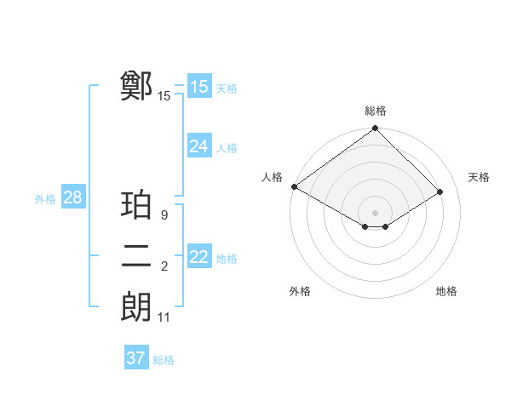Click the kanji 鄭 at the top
(x=136, y=86)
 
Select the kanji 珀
(x=136, y=205)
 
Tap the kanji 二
(x=136, y=257)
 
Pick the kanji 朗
(x=136, y=307)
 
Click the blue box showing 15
(x=198, y=87)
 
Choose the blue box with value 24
(x=198, y=146)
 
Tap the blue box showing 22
(x=198, y=257)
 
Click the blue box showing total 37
(x=135, y=358)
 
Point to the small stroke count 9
(x=164, y=215)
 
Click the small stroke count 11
(x=164, y=317)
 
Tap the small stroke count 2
(x=164, y=267)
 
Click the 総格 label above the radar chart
(x=376, y=111)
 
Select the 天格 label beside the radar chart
(x=479, y=177)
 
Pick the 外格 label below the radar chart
(x=300, y=291)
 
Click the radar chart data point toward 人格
(x=294, y=186)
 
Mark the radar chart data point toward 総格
(x=375, y=129)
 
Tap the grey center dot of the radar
(x=375, y=212)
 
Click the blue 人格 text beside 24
(x=227, y=148)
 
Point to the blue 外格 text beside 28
(x=45, y=199)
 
